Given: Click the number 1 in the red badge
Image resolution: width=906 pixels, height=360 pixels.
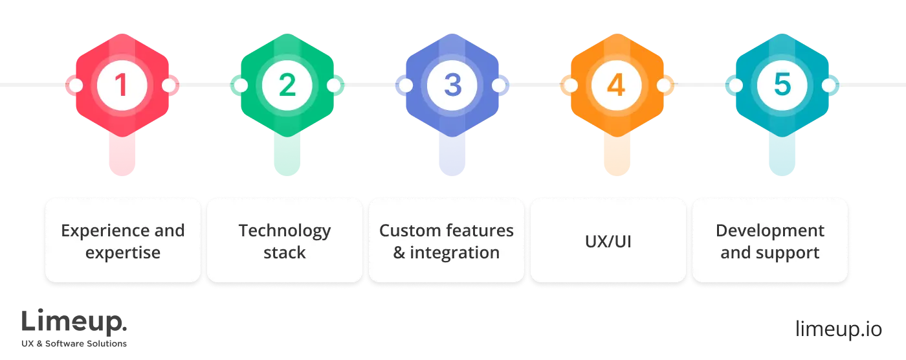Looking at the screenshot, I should coord(122,85).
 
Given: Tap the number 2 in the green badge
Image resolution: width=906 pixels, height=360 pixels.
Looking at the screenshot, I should coord(287,85).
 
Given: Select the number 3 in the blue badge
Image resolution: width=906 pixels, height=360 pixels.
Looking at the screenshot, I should coord(452,85).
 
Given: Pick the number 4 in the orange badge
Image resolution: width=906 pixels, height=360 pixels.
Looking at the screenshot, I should coord(617,85).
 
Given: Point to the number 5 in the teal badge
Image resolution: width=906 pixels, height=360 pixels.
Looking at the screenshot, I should coord(782,85).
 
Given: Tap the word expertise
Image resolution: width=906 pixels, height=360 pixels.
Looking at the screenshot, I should coord(123,253).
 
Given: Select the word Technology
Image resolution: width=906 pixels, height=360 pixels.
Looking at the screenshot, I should coord(285,231).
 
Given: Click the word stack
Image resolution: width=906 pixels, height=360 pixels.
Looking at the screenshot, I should coord(285,253).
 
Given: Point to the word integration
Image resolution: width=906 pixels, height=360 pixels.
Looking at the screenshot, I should coord(454,253).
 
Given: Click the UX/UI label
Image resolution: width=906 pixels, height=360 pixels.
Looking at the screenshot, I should coord(608,242).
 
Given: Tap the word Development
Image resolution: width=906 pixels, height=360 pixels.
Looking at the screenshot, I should coord(770,231).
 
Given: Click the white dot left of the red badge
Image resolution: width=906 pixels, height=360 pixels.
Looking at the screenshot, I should coord(76,85).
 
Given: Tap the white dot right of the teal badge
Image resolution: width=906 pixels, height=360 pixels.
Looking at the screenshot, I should coord(828,85).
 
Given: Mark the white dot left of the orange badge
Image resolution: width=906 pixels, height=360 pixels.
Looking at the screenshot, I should coord(570,85).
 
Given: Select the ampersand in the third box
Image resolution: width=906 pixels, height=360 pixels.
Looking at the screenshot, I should coord(399,253).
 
